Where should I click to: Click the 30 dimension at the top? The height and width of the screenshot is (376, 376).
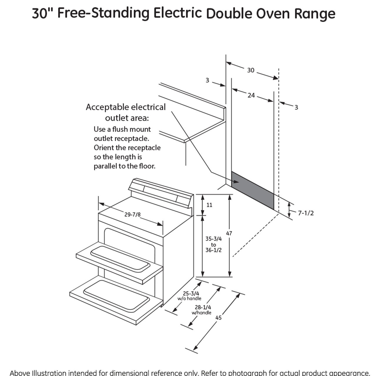pyautogui.click(x=250, y=70)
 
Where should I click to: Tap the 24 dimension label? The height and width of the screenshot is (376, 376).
pyautogui.click(x=251, y=95)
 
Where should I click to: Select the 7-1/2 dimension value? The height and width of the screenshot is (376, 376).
pyautogui.click(x=305, y=213)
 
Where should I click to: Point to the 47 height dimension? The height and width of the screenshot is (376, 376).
pyautogui.click(x=229, y=233)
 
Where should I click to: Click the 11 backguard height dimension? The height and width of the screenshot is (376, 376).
pyautogui.click(x=209, y=205)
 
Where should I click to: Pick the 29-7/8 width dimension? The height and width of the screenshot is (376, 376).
pyautogui.click(x=132, y=215)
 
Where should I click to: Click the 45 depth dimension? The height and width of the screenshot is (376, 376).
pyautogui.click(x=218, y=318)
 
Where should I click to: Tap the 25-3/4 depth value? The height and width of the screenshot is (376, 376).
pyautogui.click(x=191, y=293)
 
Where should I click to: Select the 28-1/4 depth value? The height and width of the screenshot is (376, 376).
pyautogui.click(x=203, y=307)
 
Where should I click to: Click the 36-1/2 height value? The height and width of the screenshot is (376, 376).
pyautogui.click(x=213, y=250)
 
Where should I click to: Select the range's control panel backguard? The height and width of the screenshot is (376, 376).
pyautogui.click(x=161, y=193)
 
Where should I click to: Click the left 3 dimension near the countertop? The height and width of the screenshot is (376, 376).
pyautogui.click(x=207, y=80)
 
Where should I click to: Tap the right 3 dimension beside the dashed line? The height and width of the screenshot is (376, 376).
pyautogui.click(x=296, y=108)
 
